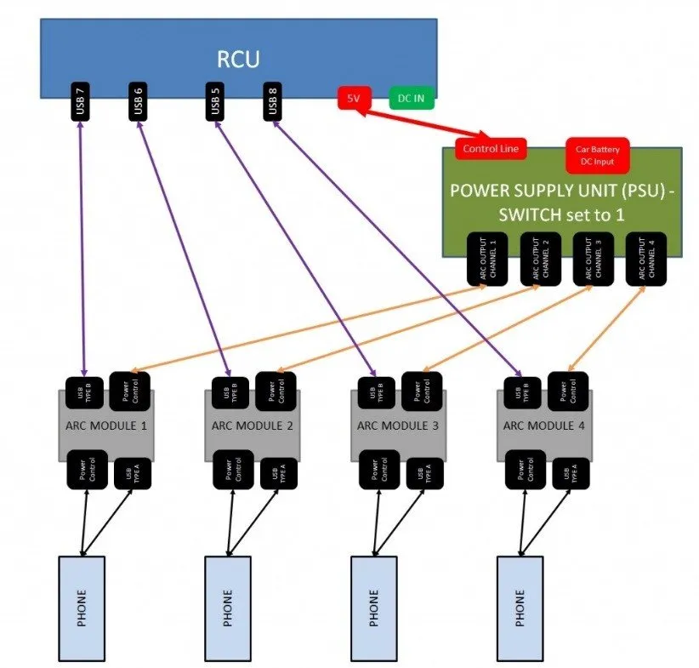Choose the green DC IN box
412,99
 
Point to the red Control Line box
491,148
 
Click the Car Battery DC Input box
598,154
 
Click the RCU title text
238,59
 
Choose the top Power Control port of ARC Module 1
130,391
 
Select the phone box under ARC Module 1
81,604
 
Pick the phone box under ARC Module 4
520,604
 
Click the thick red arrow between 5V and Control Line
416,121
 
